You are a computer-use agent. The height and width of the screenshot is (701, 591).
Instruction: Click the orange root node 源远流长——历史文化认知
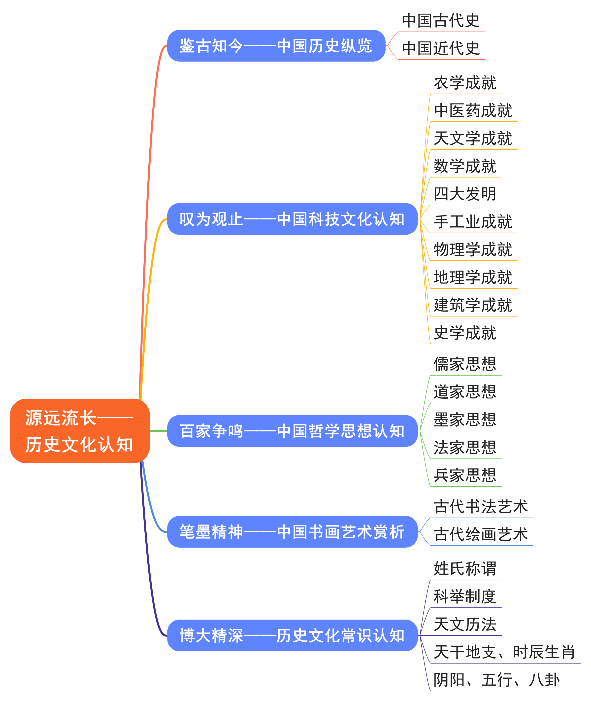click(80, 431)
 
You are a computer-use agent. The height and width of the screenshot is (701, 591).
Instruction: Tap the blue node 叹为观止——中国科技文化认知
click(292, 219)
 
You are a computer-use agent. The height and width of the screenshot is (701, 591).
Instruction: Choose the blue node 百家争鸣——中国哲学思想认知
click(292, 431)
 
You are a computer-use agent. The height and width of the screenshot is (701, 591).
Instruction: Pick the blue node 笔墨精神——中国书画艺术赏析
click(292, 532)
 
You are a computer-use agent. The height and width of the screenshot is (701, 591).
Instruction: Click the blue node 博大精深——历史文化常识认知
click(292, 635)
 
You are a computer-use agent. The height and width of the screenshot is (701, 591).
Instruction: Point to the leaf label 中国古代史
click(441, 21)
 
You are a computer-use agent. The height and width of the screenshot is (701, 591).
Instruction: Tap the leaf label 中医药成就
click(473, 111)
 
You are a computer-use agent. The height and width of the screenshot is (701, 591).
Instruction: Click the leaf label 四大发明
click(465, 194)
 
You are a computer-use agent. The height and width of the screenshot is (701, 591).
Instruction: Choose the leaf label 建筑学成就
click(473, 305)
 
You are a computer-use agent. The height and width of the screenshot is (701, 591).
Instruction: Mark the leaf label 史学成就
click(465, 333)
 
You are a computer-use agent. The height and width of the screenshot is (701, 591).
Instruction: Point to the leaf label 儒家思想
click(465, 364)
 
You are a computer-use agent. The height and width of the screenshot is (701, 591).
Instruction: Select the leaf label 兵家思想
click(465, 475)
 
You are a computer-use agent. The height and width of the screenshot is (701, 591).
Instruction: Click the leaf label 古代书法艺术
click(480, 507)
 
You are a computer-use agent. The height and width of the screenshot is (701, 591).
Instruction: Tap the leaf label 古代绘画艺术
click(480, 534)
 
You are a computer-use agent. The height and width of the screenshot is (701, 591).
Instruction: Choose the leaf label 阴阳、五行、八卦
click(496, 680)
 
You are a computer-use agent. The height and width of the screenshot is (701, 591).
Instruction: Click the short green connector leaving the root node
click(158, 431)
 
